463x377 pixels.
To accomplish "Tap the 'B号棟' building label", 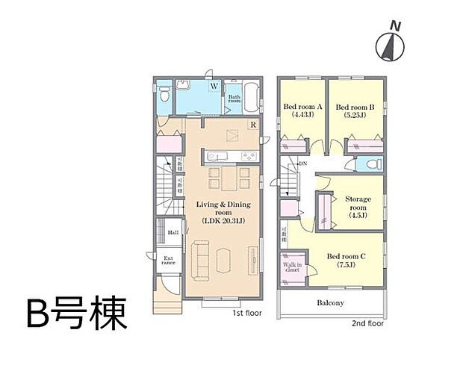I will tap(75, 314).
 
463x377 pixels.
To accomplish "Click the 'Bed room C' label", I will tap(346, 261).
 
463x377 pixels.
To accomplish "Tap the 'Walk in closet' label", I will tap(291, 267).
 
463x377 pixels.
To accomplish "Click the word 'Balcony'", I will tap(330, 302).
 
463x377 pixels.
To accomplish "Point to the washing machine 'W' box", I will tap(214, 87).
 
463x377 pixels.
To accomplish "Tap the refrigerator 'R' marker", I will tap(253, 125).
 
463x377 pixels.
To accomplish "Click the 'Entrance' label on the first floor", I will tap(169, 261).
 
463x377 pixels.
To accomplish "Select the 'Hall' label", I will tap(173, 232).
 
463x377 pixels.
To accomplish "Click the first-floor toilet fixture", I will tap(164, 94).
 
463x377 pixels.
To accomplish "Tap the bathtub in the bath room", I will tap(252, 97).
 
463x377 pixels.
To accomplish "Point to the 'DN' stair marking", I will tap(302, 163).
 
